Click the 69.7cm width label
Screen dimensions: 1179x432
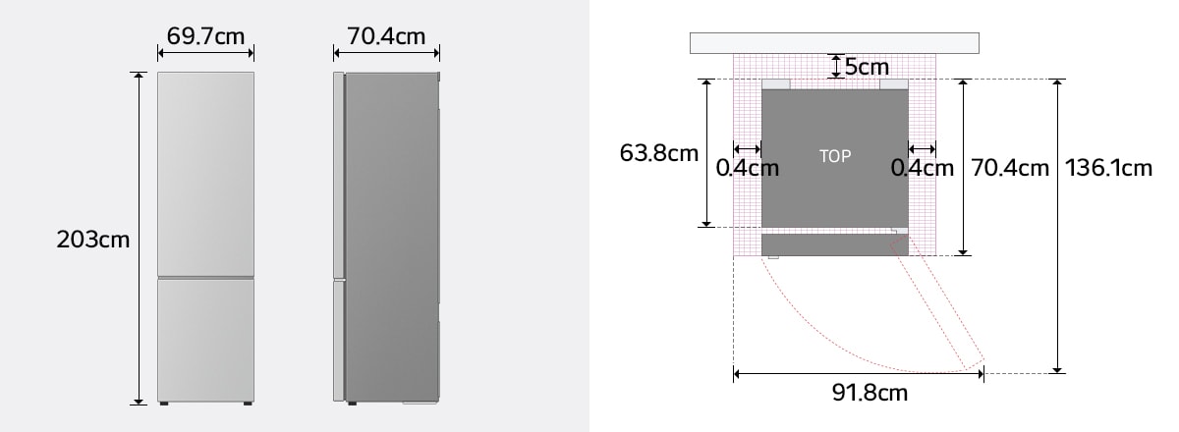205,36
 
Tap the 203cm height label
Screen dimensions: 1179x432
92,240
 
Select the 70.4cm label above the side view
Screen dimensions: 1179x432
386,36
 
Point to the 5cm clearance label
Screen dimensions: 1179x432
867,67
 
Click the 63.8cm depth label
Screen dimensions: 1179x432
659,153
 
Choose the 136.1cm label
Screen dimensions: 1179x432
1108,168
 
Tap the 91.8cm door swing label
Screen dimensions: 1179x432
870,393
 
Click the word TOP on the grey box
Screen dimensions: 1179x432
835,156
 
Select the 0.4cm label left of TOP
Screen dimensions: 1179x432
747,168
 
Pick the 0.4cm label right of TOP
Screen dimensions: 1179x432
923,168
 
